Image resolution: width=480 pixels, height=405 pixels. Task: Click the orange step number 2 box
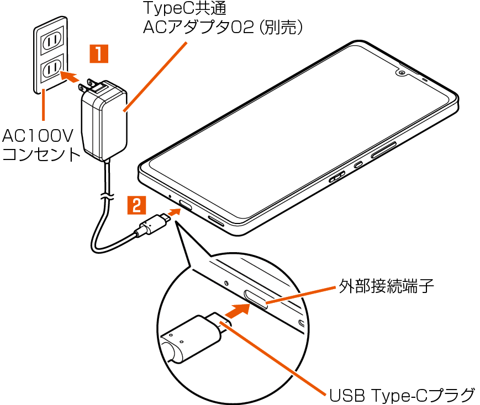[x=137, y=205]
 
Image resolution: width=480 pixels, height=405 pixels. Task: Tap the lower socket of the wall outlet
[x=52, y=68]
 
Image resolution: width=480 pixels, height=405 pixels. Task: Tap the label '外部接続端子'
[x=386, y=286]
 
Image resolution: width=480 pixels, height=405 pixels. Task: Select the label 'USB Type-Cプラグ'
[x=402, y=395]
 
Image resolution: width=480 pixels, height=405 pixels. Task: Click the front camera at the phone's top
[x=400, y=73]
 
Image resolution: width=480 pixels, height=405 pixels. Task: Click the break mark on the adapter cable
[x=104, y=195]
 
